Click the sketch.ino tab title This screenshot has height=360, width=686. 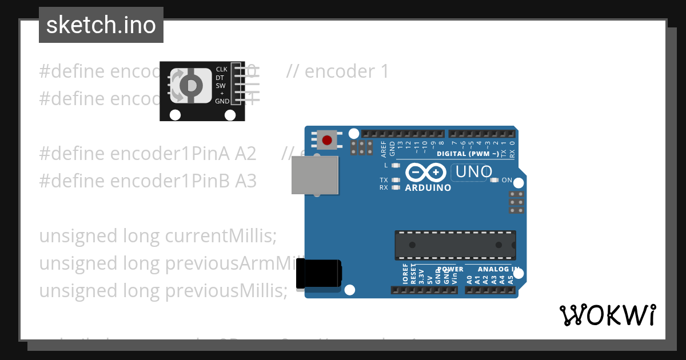pyautogui.click(x=101, y=25)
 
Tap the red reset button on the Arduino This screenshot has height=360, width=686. pyautogui.click(x=327, y=140)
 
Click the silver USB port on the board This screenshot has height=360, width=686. pyautogui.click(x=314, y=175)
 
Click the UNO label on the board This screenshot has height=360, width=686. pyautogui.click(x=472, y=171)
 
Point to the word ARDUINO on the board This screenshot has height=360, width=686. pyautogui.click(x=428, y=187)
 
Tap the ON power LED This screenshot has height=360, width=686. pyautogui.click(x=495, y=180)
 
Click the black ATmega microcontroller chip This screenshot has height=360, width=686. pyautogui.click(x=455, y=245)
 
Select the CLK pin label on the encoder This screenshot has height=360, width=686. pyautogui.click(x=221, y=70)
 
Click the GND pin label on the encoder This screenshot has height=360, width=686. pyautogui.click(x=222, y=101)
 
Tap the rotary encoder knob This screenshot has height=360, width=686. pyautogui.click(x=190, y=86)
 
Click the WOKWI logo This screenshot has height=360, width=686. pyautogui.click(x=608, y=315)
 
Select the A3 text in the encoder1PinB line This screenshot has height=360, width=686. pyautogui.click(x=246, y=181)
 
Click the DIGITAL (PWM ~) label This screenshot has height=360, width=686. pyautogui.click(x=467, y=154)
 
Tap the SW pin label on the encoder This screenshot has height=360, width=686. pyautogui.click(x=220, y=86)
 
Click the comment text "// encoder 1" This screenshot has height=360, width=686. pyautogui.click(x=337, y=71)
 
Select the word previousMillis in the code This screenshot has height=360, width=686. pyautogui.click(x=226, y=291)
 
